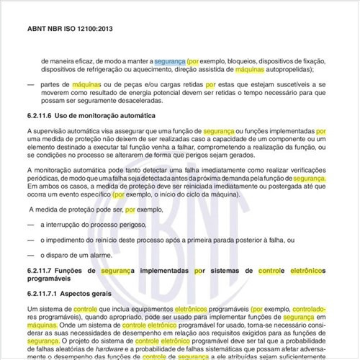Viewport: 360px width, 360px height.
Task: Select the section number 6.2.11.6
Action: point(41,137)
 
